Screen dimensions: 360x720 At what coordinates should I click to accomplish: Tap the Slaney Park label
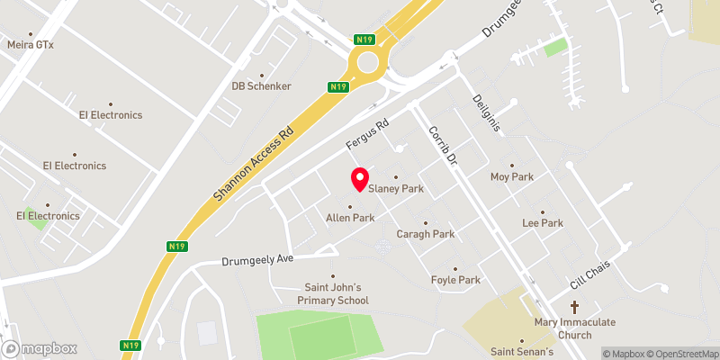(x=396, y=189)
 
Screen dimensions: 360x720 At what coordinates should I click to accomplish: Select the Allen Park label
(x=350, y=218)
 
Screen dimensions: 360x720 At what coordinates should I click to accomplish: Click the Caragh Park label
(x=426, y=234)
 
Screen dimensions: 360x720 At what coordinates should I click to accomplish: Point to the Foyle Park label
(x=455, y=280)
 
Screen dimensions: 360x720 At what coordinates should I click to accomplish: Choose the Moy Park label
(x=511, y=177)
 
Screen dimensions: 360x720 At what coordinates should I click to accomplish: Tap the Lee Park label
(x=542, y=222)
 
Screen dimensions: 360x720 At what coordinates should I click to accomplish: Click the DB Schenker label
(x=262, y=86)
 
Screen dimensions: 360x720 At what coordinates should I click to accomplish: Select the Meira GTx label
(x=31, y=44)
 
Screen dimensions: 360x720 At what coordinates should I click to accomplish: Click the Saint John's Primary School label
(x=334, y=293)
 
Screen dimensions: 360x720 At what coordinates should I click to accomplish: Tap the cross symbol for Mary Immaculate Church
(x=573, y=305)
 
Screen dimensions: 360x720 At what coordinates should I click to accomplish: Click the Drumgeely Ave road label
(x=258, y=259)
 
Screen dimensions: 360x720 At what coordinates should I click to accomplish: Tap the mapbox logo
(x=39, y=348)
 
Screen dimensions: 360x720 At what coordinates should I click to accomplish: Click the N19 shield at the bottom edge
(x=129, y=346)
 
